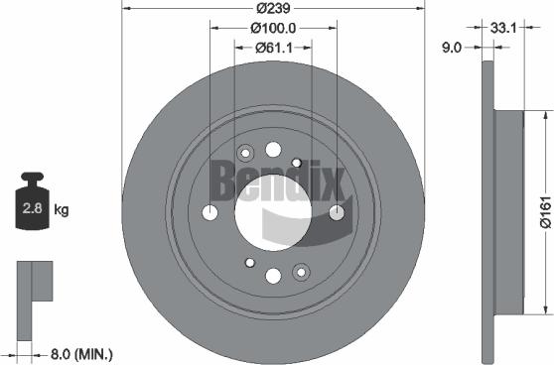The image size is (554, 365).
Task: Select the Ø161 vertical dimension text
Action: (543, 209)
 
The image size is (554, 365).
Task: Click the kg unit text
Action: (62, 209)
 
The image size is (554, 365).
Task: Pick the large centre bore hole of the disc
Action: (273, 211)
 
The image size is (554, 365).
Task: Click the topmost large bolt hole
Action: (273, 149)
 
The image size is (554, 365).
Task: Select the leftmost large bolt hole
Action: (209, 213)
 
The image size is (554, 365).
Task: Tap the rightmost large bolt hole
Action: (337, 211)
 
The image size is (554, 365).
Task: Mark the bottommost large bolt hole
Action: (274, 275)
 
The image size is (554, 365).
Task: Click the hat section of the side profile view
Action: (506, 210)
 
